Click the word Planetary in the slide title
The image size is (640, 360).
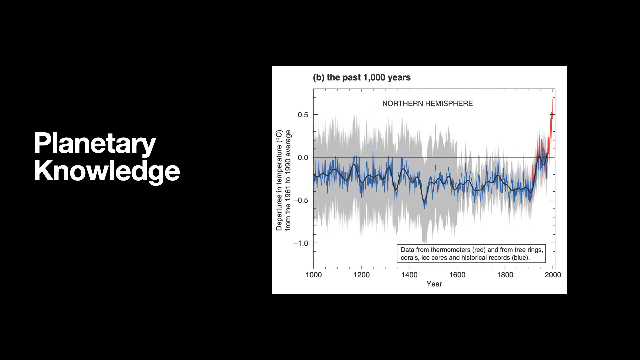[x=95, y=143]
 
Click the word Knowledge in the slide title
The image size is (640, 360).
[x=107, y=171]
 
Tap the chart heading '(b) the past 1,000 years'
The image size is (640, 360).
[x=362, y=78]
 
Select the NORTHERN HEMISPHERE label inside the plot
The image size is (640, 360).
[x=427, y=104]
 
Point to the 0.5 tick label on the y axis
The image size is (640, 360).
[x=303, y=115]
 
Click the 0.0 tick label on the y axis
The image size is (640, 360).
[x=303, y=158]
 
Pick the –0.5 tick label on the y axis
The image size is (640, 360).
[x=301, y=200]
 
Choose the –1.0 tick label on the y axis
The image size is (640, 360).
[x=301, y=243]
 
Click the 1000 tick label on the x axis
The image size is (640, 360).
[x=314, y=275]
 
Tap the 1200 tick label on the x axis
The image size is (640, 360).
[x=361, y=275]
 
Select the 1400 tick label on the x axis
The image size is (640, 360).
[x=409, y=275]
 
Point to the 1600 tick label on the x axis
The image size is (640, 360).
[x=457, y=275]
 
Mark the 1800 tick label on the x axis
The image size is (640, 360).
[x=505, y=275]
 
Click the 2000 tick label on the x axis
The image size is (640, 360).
[x=553, y=275]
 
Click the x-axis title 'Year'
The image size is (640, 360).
[x=434, y=284]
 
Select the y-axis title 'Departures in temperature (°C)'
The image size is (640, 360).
[x=279, y=180]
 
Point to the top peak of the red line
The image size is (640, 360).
[x=552, y=100]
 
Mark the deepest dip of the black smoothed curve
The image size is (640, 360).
[x=424, y=201]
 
